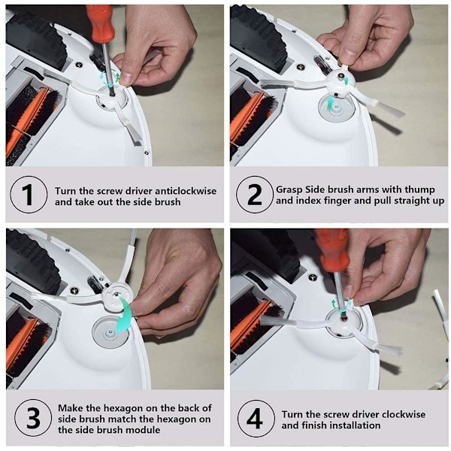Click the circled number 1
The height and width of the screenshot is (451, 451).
coord(29,195)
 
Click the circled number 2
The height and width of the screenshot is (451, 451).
coord(255,195)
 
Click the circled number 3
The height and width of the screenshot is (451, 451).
coord(33,418)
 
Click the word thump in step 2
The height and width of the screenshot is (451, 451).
coord(419,190)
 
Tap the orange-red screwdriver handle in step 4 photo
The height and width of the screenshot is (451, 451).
coord(331,250)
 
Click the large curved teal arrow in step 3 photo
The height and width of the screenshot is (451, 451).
coord(123,315)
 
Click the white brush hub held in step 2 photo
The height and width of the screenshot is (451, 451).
coord(340,82)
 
